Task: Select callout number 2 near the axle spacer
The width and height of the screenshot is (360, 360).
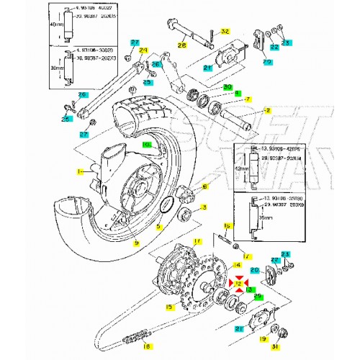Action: (x=267, y=110)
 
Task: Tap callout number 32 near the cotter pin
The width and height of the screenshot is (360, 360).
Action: (x=224, y=32)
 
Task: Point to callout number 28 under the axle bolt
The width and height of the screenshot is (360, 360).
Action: (x=181, y=45)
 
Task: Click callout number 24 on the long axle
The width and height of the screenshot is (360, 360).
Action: (x=143, y=50)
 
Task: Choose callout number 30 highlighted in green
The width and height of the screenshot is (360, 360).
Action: (x=228, y=87)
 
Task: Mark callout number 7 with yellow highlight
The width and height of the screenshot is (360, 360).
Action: (x=247, y=99)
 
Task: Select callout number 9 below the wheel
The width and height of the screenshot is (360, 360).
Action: (x=135, y=243)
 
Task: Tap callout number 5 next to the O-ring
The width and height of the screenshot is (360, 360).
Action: (x=160, y=225)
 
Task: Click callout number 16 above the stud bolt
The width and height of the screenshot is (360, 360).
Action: (x=228, y=225)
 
